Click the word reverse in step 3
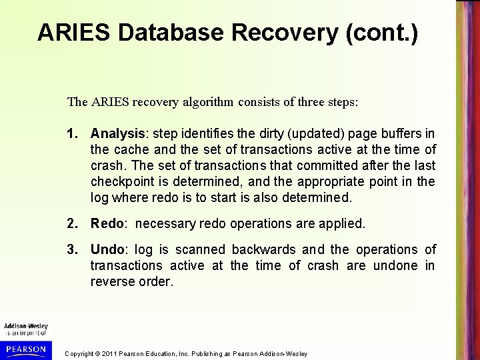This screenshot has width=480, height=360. [x=111, y=282]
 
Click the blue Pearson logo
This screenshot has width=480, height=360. [x=24, y=349]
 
